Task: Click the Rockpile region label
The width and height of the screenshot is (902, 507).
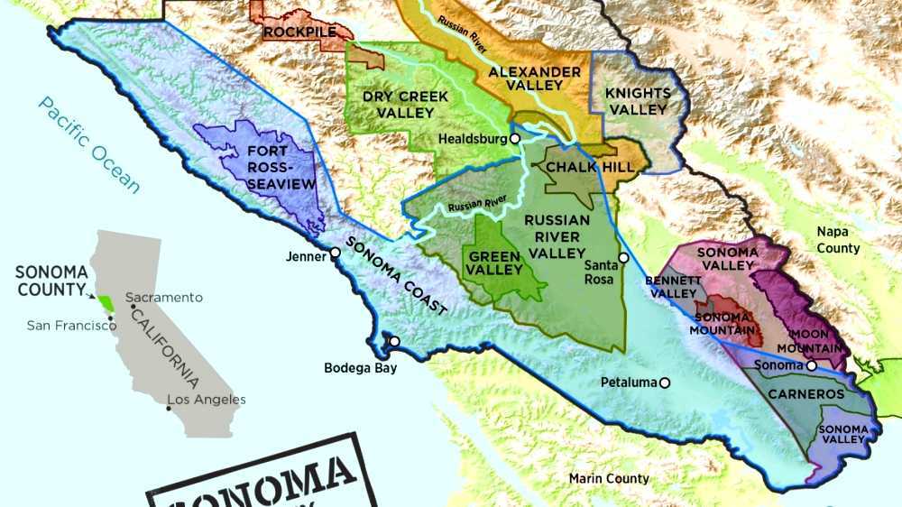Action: (300, 32)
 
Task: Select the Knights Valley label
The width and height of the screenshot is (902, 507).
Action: (638, 101)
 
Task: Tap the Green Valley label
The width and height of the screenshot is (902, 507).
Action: (495, 263)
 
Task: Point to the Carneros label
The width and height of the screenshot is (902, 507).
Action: (805, 394)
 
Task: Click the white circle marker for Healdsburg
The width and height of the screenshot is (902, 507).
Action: (514, 139)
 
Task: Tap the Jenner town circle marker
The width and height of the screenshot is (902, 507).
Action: (335, 253)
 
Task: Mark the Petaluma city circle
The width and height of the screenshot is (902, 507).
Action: (665, 383)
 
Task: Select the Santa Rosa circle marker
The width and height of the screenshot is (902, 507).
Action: (623, 257)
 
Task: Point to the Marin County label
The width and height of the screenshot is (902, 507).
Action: (608, 478)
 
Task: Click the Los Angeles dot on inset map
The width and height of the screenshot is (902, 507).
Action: (169, 408)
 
